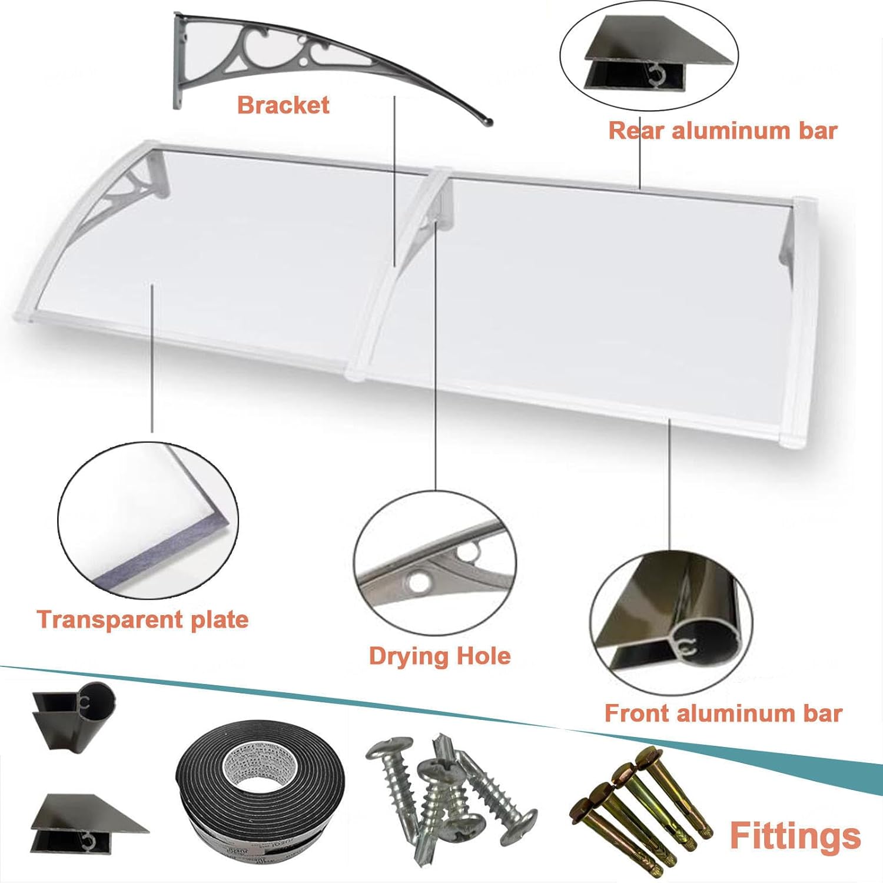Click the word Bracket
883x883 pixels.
coord(283,105)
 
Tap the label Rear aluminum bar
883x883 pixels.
coord(722,131)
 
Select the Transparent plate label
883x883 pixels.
coord(142,620)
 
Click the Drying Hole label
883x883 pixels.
coord(440,656)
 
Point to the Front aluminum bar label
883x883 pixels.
coord(723,713)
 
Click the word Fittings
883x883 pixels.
coord(795,835)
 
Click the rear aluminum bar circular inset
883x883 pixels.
coord(649,56)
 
